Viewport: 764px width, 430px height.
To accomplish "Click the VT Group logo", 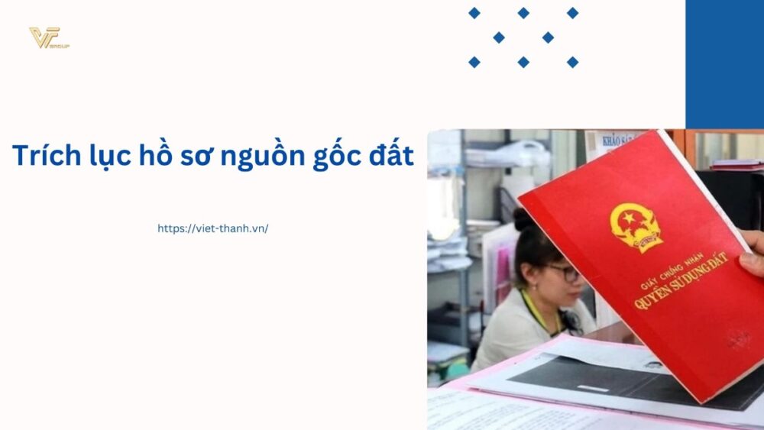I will [48, 37].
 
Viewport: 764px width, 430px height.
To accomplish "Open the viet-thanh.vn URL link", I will [212, 228].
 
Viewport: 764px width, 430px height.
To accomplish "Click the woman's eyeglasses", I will [564, 272].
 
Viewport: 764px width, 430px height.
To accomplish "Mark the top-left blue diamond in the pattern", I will [474, 13].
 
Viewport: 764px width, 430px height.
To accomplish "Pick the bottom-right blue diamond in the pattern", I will [572, 62].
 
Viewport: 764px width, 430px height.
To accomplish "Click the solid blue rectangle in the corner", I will [724, 63].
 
